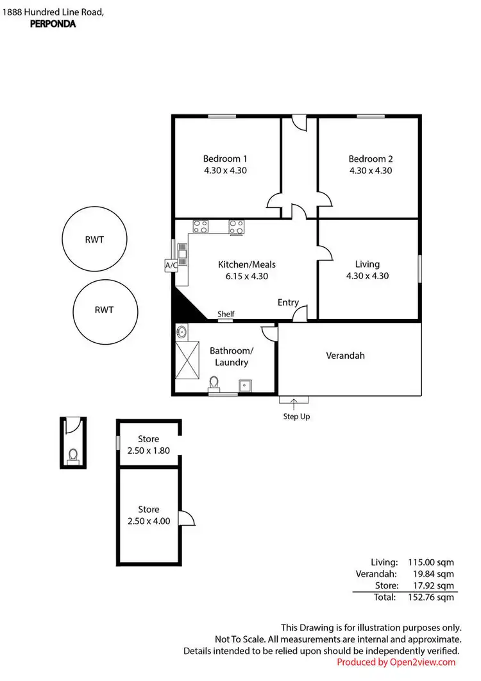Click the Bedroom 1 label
point(225,159)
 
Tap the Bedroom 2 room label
point(371,159)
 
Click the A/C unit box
point(171,265)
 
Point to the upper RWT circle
point(93,239)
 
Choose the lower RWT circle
point(104,310)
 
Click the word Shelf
point(226,314)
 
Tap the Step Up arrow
point(294,404)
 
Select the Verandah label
point(345,355)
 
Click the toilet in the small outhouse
point(73,455)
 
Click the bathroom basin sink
point(181,332)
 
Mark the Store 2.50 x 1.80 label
point(149,445)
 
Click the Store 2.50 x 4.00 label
point(149,515)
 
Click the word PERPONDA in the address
point(53,24)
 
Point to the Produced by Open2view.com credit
point(396,662)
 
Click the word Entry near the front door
point(288,302)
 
